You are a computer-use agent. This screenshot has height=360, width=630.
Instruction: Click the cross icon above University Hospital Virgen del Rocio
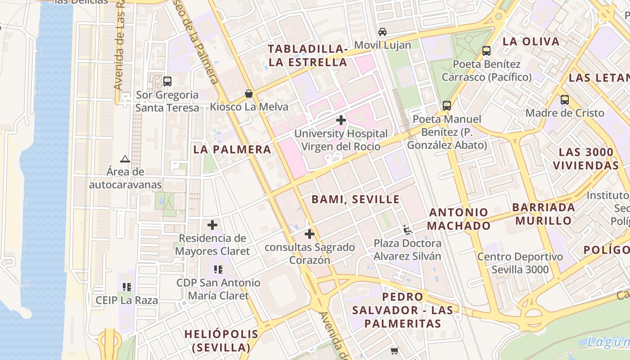pyautogui.click(x=341, y=120)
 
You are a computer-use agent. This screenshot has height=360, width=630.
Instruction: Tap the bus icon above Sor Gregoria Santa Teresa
pyautogui.click(x=167, y=81)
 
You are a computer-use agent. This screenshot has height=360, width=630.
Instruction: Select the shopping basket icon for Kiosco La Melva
pyautogui.click(x=248, y=94)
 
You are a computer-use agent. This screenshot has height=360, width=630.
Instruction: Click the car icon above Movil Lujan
pyautogui.click(x=382, y=31)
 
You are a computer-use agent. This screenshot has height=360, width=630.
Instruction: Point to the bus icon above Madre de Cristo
pyautogui.click(x=565, y=99)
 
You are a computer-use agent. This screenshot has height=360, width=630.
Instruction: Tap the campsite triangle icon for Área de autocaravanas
pyautogui.click(x=125, y=159)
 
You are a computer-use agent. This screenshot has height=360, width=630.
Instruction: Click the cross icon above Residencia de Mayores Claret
pyautogui.click(x=212, y=225)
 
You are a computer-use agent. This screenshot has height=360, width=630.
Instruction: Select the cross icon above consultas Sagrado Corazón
pyautogui.click(x=310, y=234)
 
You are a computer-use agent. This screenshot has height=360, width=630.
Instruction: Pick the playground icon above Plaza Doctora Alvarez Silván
pyautogui.click(x=408, y=230)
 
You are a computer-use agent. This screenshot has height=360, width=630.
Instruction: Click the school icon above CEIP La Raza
pyautogui.click(x=127, y=287)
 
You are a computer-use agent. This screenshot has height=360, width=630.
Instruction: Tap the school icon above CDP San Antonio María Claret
pyautogui.click(x=218, y=270)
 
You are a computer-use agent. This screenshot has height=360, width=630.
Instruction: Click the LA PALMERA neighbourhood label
pyautogui.click(x=232, y=149)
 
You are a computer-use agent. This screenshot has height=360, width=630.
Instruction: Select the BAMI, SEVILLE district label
pyautogui.click(x=355, y=199)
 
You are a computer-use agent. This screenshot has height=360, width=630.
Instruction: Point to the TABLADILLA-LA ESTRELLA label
pyautogui.click(x=308, y=55)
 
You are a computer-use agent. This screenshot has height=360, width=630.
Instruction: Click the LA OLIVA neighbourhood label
pyautogui.click(x=531, y=41)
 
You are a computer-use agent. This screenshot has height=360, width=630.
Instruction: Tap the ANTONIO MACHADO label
pyautogui.click(x=458, y=219)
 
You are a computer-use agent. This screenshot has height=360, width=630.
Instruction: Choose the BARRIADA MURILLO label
pyautogui.click(x=544, y=214)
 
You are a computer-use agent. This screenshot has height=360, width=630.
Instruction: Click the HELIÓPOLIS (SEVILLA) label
pyautogui.click(x=221, y=341)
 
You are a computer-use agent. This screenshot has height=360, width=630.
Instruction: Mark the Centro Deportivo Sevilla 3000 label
pyautogui.click(x=520, y=263)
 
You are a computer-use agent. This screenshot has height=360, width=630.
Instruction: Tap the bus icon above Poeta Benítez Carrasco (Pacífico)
pyautogui.click(x=486, y=51)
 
